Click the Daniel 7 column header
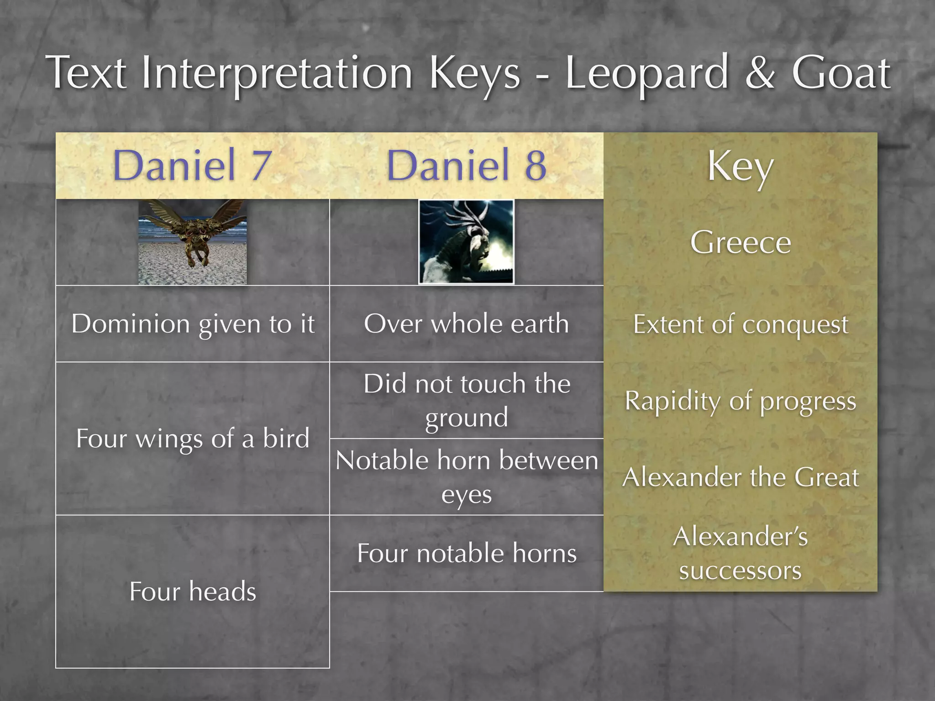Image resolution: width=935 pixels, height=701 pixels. click(192, 165)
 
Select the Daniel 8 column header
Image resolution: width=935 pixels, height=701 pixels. click(466, 165)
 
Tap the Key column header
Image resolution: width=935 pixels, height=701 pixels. click(740, 166)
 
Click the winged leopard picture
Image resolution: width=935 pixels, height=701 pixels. click(193, 242)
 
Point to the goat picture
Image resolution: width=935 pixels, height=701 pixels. click(466, 242)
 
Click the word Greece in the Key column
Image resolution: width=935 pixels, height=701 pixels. click(740, 242)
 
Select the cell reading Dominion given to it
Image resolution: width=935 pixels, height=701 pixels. click(193, 324)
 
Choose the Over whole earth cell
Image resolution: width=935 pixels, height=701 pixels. click(466, 324)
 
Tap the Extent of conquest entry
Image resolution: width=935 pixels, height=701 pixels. click(740, 325)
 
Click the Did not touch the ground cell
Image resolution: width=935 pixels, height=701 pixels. click(467, 400)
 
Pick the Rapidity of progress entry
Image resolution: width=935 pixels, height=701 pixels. click(740, 401)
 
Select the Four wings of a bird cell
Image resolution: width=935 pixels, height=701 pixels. click(193, 439)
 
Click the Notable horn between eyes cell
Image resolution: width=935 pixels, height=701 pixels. click(467, 477)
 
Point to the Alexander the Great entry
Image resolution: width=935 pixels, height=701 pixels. click(740, 477)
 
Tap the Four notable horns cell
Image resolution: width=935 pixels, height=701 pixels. click(467, 553)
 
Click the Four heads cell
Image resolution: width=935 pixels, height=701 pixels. click(193, 591)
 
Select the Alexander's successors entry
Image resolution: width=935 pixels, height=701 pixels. click(740, 553)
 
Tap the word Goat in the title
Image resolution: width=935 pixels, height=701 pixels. click(840, 73)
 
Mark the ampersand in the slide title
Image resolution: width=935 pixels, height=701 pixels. click(760, 73)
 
